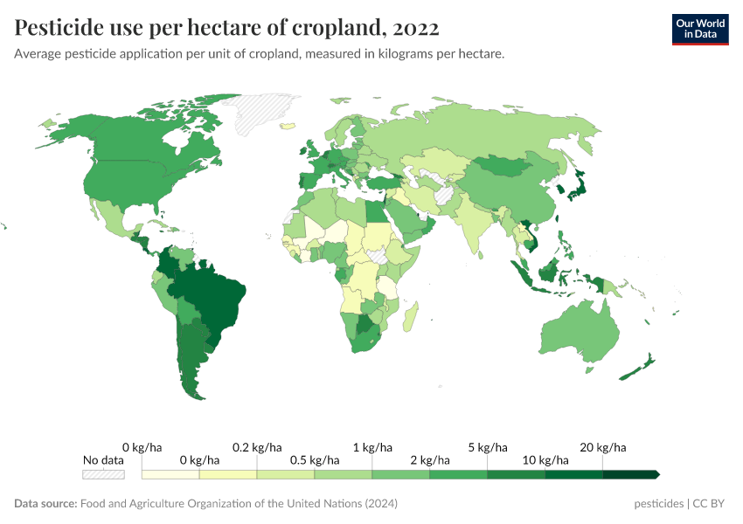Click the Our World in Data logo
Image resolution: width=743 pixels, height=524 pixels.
tap(699, 29)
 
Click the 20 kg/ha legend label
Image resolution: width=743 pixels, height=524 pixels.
tap(604, 447)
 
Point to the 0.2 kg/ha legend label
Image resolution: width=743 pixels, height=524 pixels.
tap(257, 447)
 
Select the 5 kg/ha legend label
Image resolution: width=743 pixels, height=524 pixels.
tap(488, 447)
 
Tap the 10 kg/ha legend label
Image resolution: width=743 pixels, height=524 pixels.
tap(545, 459)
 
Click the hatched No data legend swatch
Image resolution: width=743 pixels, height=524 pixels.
tap(103, 474)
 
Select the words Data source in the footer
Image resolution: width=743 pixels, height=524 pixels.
tap(45, 504)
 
